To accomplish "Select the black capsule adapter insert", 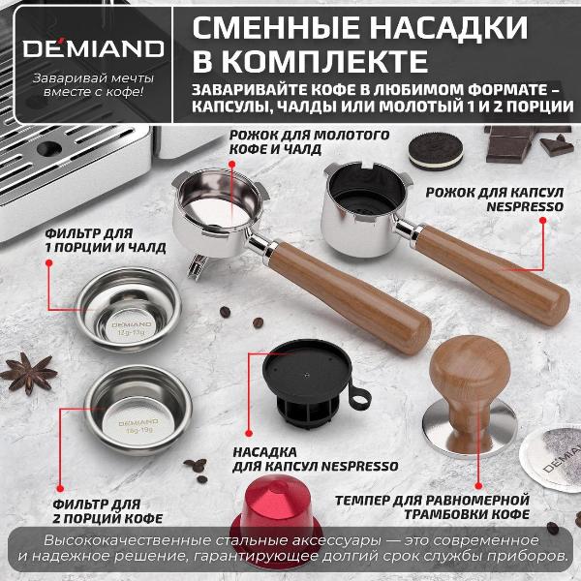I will pos(310,382).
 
